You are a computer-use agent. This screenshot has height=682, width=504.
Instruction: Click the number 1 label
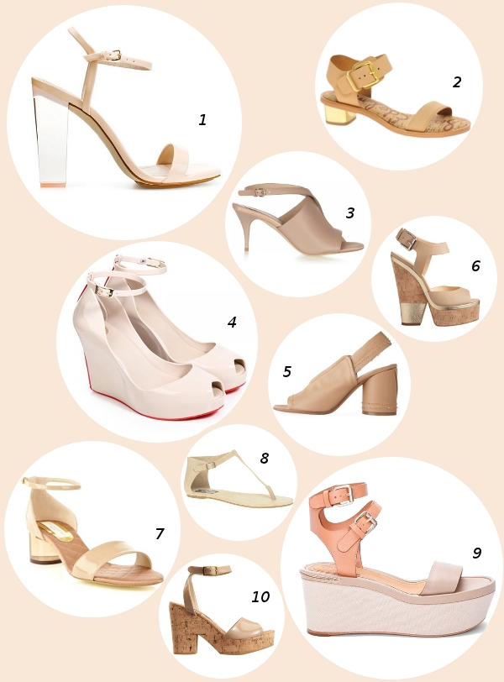pyautogui.click(x=202, y=119)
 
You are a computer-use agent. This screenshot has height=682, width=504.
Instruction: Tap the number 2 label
pyautogui.click(x=457, y=81)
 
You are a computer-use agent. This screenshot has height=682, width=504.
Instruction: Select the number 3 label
pyautogui.click(x=350, y=212)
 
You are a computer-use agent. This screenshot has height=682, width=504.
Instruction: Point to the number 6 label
pyautogui.click(x=475, y=265)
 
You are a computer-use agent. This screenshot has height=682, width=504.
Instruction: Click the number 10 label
pyautogui.click(x=260, y=596)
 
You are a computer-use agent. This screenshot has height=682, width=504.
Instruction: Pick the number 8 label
pyautogui.click(x=264, y=458)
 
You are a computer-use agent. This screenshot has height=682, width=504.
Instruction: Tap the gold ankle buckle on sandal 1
pyautogui.click(x=117, y=55)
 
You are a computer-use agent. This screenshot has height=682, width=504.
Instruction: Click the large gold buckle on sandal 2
pyautogui.click(x=363, y=74)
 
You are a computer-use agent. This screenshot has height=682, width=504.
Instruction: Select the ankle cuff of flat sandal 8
pyautogui.click(x=198, y=470)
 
